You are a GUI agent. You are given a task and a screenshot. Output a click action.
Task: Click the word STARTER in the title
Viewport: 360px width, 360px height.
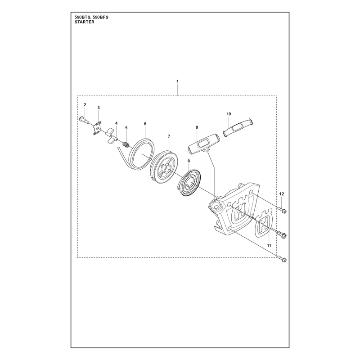[84, 22]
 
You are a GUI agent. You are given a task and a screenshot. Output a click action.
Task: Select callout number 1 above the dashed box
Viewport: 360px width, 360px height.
[177, 81]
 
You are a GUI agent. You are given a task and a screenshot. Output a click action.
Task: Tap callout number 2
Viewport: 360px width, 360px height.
[85, 105]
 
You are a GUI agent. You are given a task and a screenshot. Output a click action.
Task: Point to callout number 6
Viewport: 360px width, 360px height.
[145, 124]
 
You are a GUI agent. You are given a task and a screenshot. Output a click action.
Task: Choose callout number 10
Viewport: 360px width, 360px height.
[229, 114]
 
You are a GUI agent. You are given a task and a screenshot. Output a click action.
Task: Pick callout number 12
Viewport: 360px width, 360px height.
[282, 194]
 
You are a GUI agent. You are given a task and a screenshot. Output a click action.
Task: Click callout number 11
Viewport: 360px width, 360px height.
[269, 245]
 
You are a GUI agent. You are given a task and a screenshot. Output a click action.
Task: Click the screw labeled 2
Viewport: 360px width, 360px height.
[84, 121]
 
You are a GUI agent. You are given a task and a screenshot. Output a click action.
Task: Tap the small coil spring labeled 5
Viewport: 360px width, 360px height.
[126, 145]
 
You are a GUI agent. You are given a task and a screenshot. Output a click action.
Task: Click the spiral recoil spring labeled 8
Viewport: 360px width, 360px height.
[189, 182]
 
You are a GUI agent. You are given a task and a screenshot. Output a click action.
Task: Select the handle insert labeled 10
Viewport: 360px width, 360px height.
[238, 128]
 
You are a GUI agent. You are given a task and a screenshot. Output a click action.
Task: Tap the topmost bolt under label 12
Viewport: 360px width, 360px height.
[283, 210]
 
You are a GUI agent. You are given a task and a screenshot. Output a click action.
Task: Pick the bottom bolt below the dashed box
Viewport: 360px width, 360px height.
[282, 259]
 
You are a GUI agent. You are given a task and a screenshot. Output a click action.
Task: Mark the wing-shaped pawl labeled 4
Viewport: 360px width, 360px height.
[111, 136]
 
